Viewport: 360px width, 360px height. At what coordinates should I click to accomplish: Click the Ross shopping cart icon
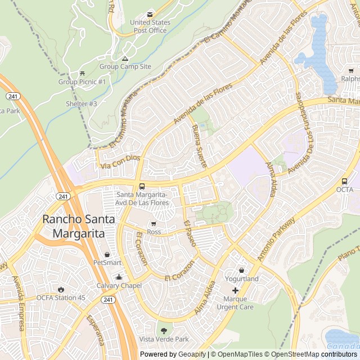[153, 223]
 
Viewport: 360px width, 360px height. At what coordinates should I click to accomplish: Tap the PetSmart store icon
[107, 254]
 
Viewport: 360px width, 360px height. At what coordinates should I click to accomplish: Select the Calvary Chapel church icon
[119, 277]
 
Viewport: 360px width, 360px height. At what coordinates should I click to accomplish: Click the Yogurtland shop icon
[242, 271]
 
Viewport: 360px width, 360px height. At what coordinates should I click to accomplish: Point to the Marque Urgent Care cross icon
[235, 290]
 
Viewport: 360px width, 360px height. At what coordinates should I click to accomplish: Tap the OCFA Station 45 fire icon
[61, 289]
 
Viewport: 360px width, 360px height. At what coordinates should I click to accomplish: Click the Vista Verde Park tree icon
[164, 331]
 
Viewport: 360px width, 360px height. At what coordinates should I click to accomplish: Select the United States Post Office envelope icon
[149, 14]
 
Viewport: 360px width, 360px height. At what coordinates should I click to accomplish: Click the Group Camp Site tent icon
[125, 58]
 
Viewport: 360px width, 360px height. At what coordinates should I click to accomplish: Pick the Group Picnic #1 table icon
[82, 74]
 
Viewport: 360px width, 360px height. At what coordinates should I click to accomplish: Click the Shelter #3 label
[82, 103]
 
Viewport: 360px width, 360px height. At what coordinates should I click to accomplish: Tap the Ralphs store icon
[351, 71]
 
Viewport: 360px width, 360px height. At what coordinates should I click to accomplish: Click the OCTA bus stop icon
[344, 181]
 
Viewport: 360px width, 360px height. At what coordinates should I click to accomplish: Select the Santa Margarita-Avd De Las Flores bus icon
[141, 186]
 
